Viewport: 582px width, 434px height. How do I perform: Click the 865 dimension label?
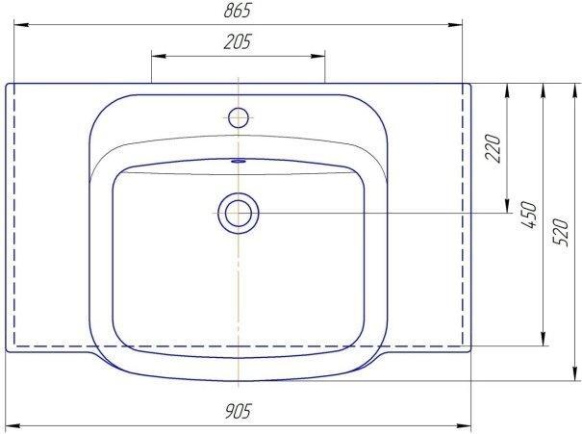click(238, 11)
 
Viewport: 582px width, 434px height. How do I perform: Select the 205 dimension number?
click(238, 41)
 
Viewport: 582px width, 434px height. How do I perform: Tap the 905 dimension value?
click(238, 411)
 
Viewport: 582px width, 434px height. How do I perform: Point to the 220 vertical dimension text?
click(493, 148)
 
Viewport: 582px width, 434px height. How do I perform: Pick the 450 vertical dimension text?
click(529, 215)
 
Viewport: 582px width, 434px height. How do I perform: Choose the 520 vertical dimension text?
click(560, 233)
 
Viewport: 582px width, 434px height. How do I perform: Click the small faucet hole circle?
click(239, 117)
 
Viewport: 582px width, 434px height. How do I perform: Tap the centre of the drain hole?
click(239, 213)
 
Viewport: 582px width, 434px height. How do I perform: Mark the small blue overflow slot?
click(239, 161)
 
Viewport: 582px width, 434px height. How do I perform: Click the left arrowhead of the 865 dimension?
click(21, 25)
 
